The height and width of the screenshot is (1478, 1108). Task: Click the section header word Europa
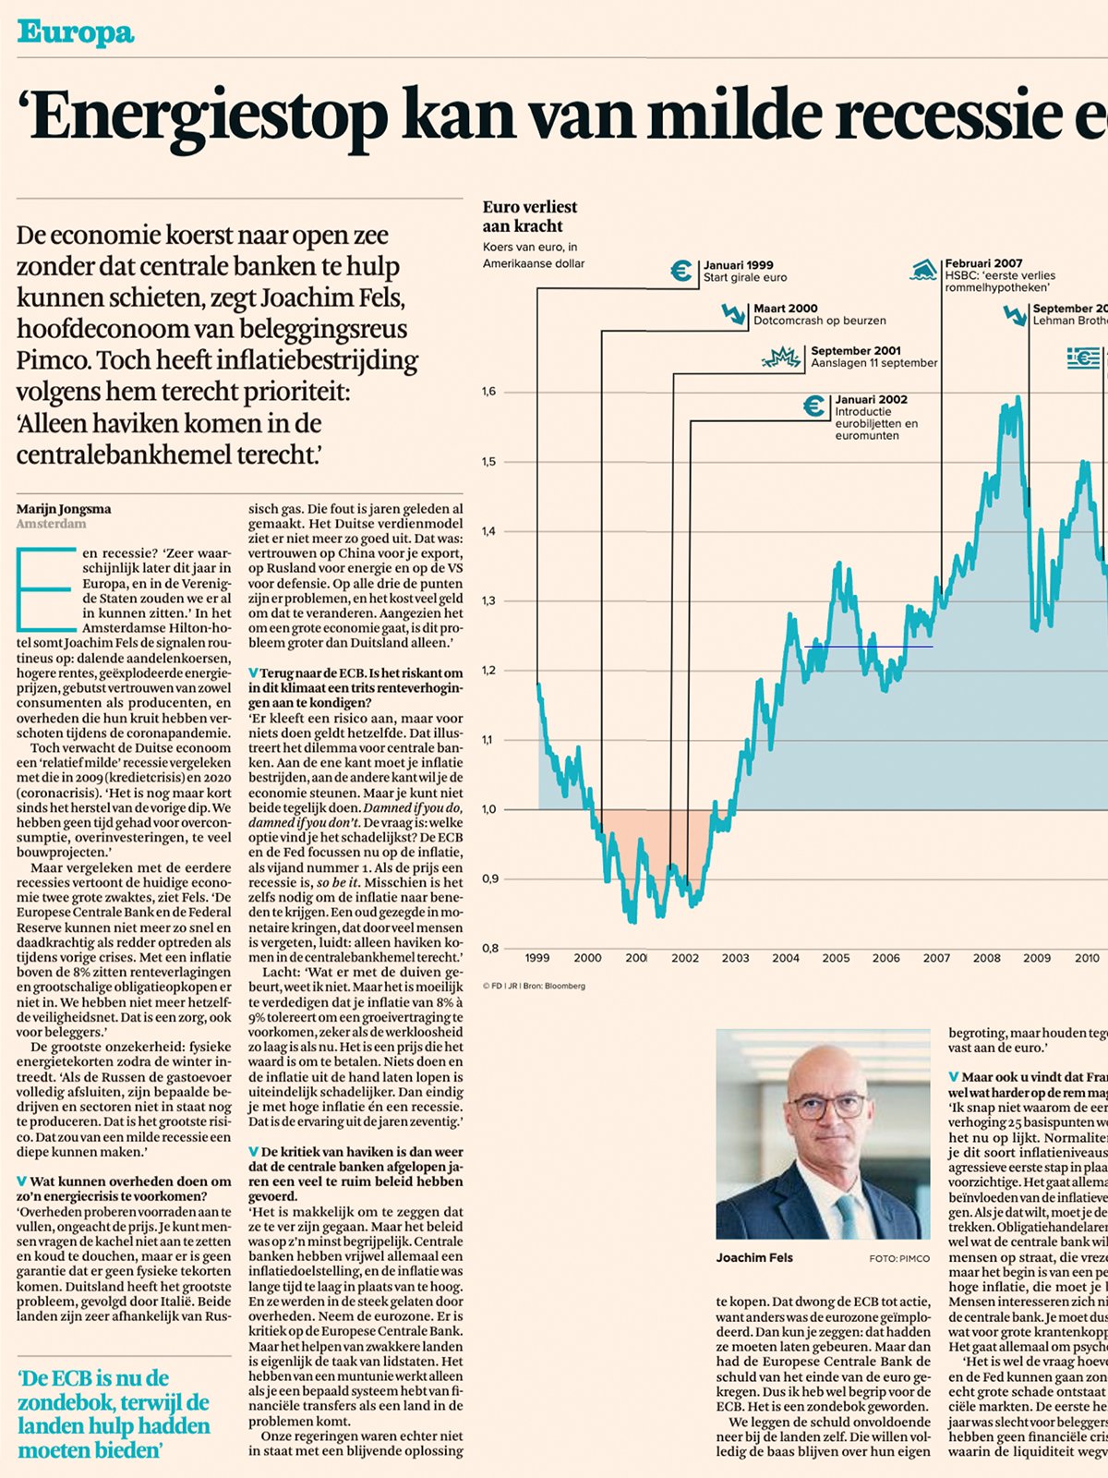(x=76, y=33)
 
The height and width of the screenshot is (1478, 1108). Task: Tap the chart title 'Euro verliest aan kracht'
(x=529, y=216)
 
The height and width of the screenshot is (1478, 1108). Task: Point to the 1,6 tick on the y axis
(x=488, y=392)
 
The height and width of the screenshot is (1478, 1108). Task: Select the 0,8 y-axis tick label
(x=488, y=948)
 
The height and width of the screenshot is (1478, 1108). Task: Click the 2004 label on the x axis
(x=785, y=958)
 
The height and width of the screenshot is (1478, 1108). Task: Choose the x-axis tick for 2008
(x=986, y=958)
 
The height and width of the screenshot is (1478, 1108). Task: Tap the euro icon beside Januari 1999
(x=681, y=271)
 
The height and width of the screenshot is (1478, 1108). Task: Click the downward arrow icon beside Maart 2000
(x=734, y=314)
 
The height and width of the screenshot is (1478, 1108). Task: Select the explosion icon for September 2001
(x=781, y=357)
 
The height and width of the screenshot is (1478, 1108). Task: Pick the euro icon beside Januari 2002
(x=814, y=406)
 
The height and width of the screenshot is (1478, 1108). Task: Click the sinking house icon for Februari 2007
(x=923, y=270)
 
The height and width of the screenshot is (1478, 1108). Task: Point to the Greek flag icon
(x=1084, y=357)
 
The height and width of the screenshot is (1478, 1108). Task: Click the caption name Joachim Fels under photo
(x=754, y=1257)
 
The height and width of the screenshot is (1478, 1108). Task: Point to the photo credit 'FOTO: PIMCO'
(x=898, y=1258)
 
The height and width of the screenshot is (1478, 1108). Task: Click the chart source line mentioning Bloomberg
(x=534, y=986)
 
